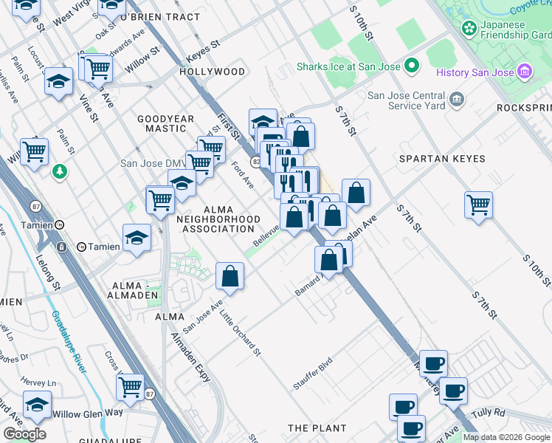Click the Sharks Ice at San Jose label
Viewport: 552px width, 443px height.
pyautogui.click(x=348, y=66)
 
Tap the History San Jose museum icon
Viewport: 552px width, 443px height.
pyautogui.click(x=525, y=72)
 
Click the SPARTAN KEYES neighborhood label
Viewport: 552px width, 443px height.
pyautogui.click(x=442, y=159)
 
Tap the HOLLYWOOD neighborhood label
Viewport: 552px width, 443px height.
pyautogui.click(x=212, y=72)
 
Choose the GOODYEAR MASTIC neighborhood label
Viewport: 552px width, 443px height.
pyautogui.click(x=166, y=123)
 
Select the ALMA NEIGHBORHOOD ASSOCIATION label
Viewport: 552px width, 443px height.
pyautogui.click(x=218, y=219)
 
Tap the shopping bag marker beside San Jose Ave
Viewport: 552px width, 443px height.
pyautogui.click(x=230, y=277)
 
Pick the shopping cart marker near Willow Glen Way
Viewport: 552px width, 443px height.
pyautogui.click(x=130, y=386)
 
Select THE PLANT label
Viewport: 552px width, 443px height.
pyautogui.click(x=317, y=428)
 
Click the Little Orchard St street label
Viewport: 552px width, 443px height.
pyautogui.click(x=241, y=332)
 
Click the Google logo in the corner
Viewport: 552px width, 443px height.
pyautogui.click(x=24, y=433)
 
